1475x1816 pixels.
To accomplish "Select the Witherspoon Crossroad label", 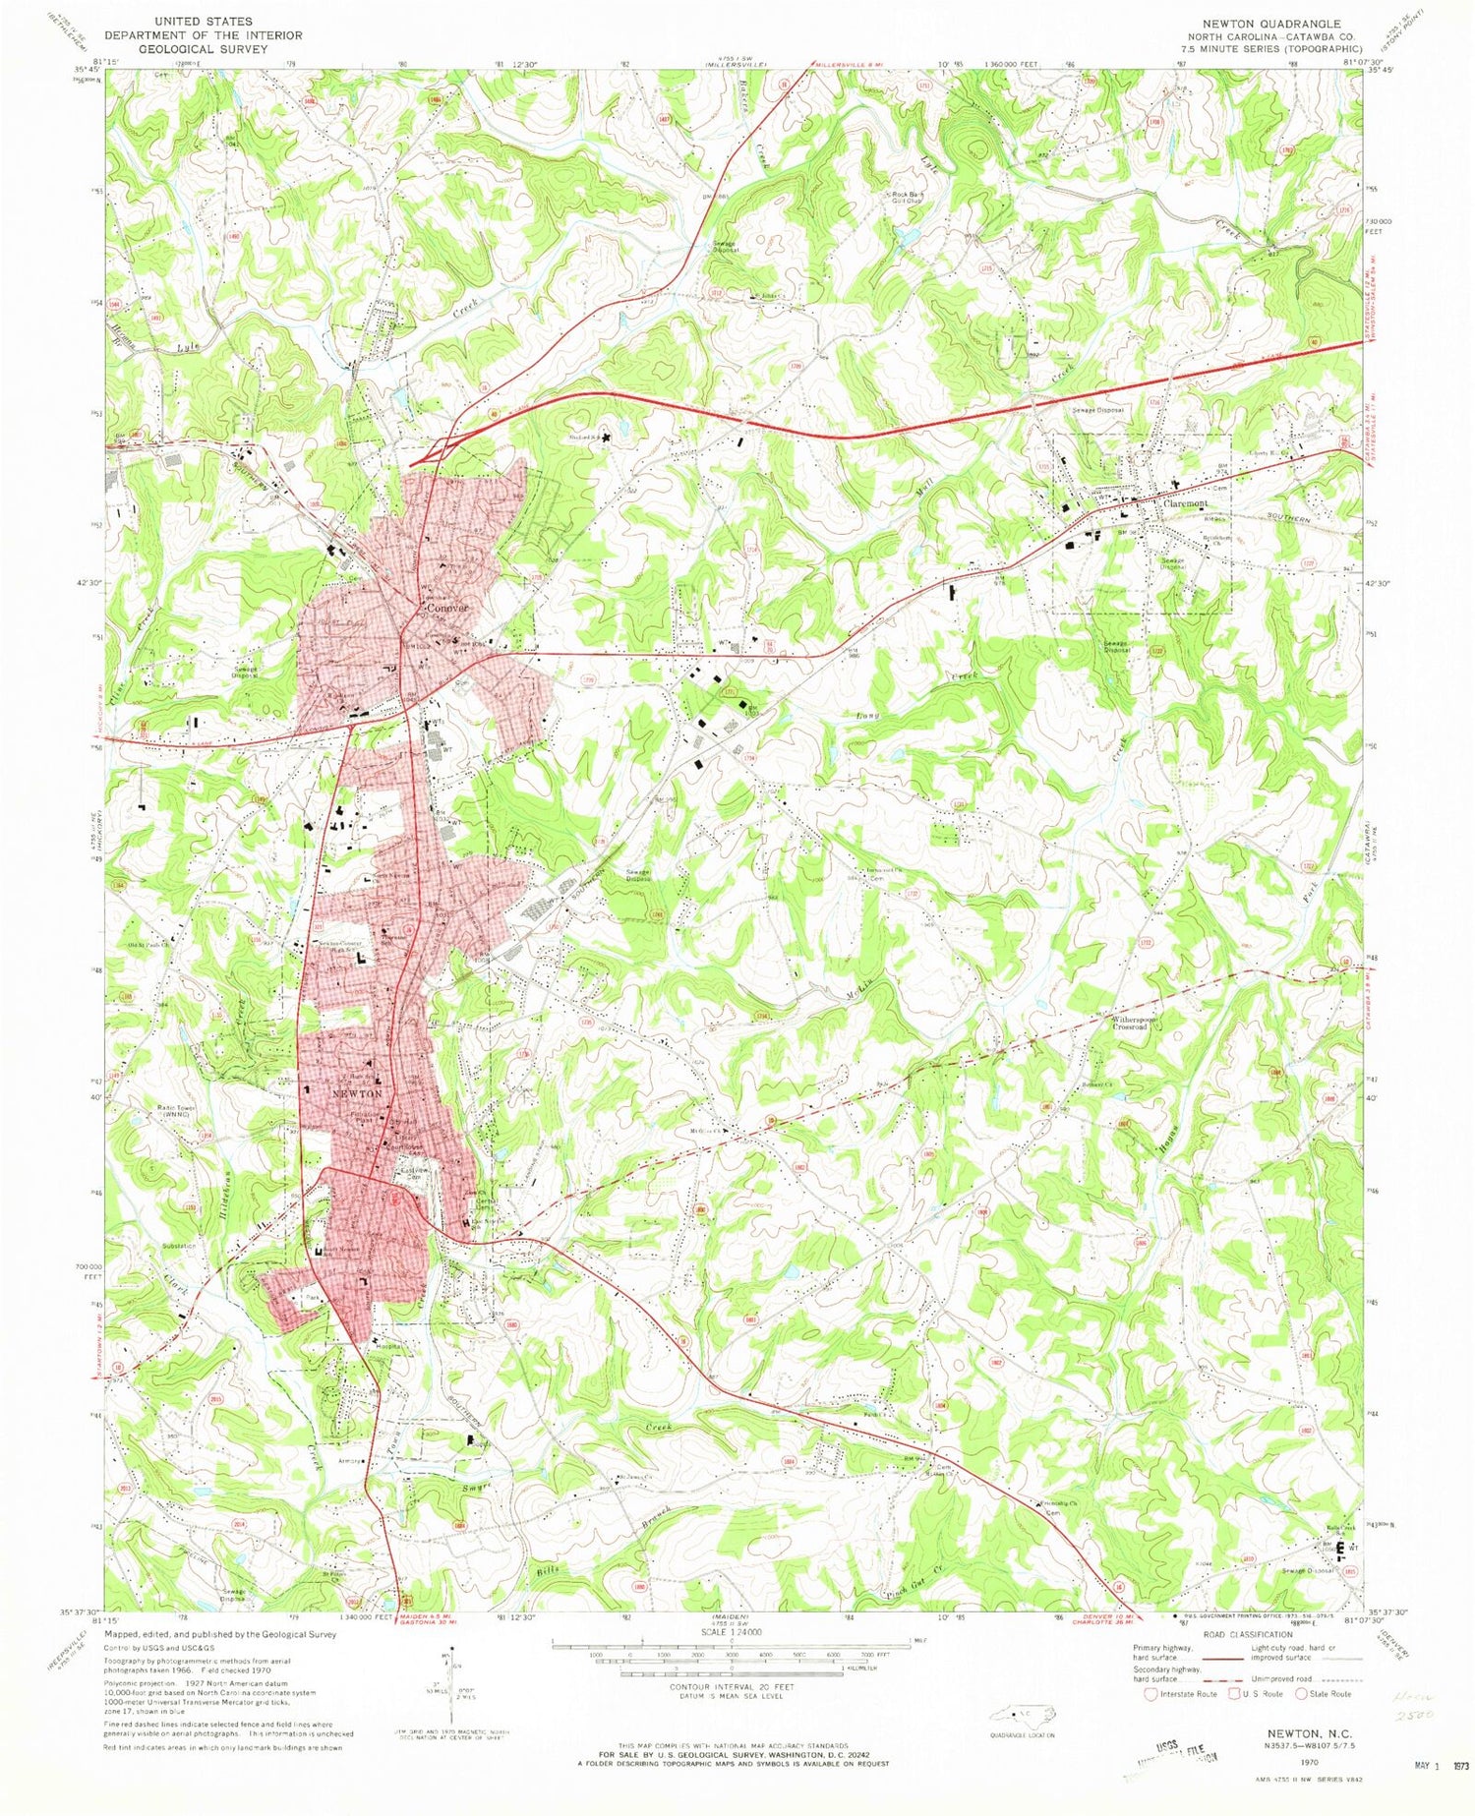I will pyautogui.click(x=1144, y=1024).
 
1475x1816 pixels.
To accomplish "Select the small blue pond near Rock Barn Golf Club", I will pyautogui.click(x=906, y=236).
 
